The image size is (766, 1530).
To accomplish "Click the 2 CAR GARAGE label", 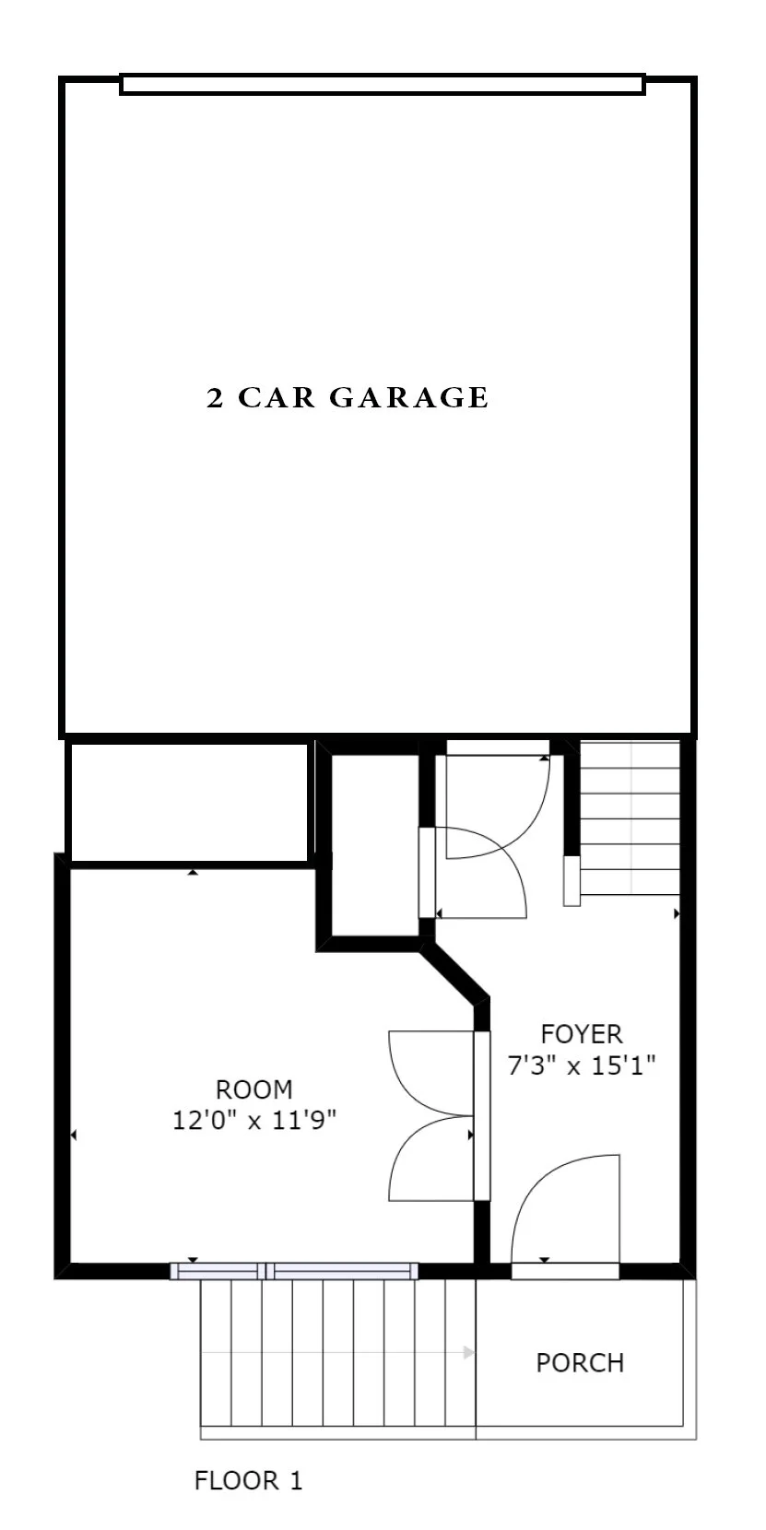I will (x=348, y=398).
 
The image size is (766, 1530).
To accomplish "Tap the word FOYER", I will (x=582, y=1034).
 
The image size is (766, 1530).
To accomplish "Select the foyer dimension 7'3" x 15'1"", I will (x=582, y=1066).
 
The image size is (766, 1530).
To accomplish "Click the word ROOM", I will (x=254, y=1089).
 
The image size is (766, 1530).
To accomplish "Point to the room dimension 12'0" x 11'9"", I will (x=254, y=1121).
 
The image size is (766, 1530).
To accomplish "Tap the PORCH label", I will (x=580, y=1362).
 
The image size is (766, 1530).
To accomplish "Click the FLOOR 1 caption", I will (x=248, y=1480).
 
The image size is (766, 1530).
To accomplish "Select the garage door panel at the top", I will (x=382, y=85).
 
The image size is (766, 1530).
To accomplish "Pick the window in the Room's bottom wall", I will (x=294, y=1271).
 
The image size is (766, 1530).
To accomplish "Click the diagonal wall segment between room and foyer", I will (x=454, y=973).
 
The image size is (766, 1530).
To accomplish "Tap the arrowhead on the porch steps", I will (x=468, y=1353).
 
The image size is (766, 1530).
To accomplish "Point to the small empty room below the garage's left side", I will (x=188, y=800).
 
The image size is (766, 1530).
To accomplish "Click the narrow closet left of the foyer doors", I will (x=374, y=845).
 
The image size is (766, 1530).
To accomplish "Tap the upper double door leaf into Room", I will (x=429, y=1074).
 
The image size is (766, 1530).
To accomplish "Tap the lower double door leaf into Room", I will (x=429, y=1159).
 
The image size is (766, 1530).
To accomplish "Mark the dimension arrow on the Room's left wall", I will (x=73, y=1136).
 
